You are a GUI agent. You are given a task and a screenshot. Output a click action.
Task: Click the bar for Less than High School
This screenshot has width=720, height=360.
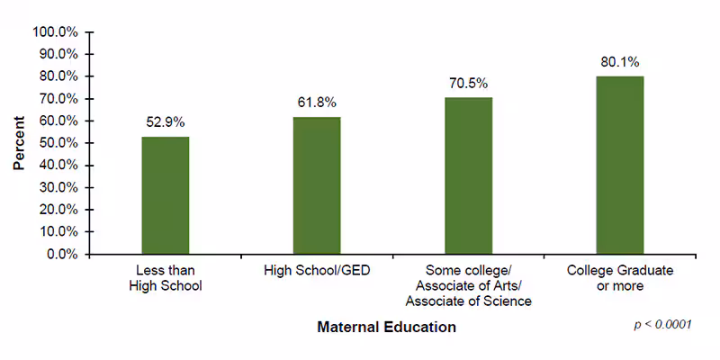coord(165,195)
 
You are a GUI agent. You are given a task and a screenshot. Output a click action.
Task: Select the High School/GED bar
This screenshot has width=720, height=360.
coord(317,185)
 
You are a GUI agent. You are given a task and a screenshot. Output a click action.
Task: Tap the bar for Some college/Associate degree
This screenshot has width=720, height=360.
coord(468,175)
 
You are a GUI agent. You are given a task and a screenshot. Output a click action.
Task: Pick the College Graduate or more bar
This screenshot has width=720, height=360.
coord(620,165)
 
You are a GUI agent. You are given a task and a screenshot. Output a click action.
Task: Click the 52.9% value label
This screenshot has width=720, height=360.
coord(166,122)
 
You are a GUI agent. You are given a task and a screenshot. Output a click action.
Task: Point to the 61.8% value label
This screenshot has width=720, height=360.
coord(317,103)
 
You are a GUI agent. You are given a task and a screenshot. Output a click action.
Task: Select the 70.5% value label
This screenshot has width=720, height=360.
coord(469,83)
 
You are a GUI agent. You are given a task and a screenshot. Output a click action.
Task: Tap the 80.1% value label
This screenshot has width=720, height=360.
coord(620,62)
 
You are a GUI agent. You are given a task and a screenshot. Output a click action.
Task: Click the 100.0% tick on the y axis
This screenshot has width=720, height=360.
coord(56,31)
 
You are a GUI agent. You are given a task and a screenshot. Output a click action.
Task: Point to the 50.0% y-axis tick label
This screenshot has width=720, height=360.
coord(58,143)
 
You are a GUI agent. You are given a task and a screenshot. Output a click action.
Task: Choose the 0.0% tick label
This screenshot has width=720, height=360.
coord(62,254)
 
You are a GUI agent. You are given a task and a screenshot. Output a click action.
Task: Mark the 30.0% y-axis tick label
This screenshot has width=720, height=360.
coord(58,187)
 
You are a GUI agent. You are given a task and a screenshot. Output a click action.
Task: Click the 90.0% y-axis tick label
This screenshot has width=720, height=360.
coord(58,54)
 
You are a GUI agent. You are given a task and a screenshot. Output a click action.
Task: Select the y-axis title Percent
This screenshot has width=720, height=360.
coord(19,142)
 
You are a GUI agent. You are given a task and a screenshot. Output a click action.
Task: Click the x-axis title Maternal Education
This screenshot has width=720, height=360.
coord(386,328)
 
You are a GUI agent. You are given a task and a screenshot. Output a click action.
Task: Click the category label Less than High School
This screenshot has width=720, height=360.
coord(165,278)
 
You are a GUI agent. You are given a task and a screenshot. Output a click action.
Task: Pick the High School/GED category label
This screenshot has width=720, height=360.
coord(317,270)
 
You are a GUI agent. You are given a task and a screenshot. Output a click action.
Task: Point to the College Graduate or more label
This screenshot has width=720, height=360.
coord(620,278)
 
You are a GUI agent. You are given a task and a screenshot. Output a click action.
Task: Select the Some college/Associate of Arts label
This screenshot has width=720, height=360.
coord(468,285)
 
